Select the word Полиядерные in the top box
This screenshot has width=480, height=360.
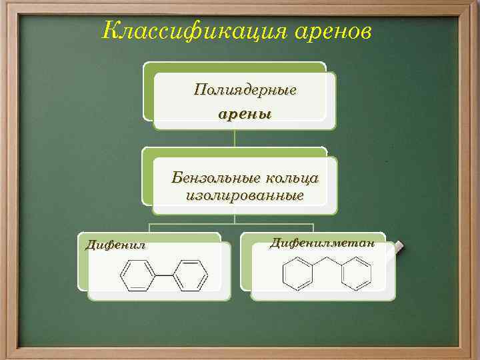(245, 89)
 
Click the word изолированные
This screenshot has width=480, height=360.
(245, 196)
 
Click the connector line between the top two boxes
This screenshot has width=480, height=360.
(235, 138)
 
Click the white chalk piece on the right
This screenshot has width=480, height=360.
(399, 246)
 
